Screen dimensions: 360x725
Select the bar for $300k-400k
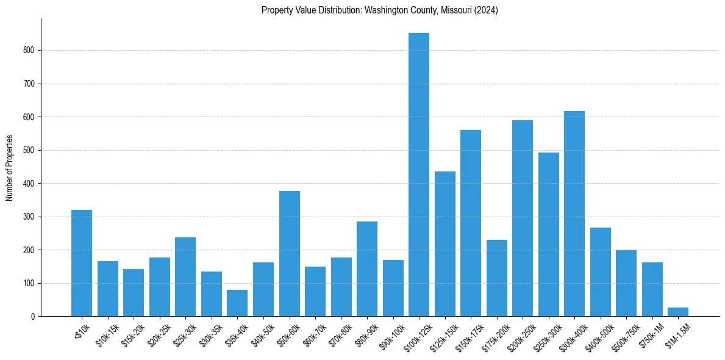pyautogui.click(x=574, y=214)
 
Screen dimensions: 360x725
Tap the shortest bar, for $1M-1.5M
pyautogui.click(x=678, y=312)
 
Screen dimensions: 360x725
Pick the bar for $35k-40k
pyautogui.click(x=237, y=303)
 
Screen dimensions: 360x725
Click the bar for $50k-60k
pyautogui.click(x=290, y=254)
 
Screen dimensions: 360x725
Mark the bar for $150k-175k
pyautogui.click(x=471, y=223)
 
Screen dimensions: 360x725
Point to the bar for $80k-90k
pyautogui.click(x=367, y=269)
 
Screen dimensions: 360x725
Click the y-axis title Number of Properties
pyautogui.click(x=9, y=167)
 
